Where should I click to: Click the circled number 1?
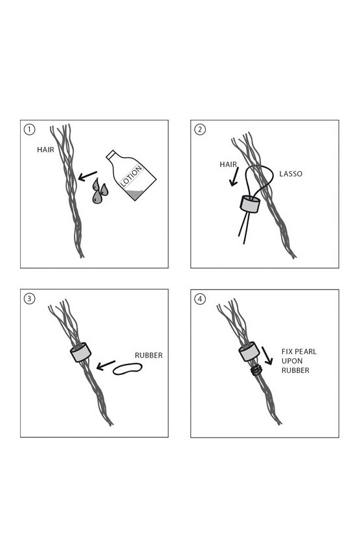tap(29, 129)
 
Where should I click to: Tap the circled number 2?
tap(200, 129)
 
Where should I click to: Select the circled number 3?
tap(29, 298)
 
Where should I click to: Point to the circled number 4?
tap(200, 299)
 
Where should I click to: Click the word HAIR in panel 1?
tap(45, 150)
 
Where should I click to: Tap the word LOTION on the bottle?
tap(131, 176)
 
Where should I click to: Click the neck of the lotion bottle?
tap(111, 155)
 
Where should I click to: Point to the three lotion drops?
tap(100, 191)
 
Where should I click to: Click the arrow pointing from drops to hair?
tap(87, 176)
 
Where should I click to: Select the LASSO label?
tap(291, 174)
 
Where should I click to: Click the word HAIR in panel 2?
tap(228, 164)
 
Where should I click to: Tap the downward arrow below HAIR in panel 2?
tap(234, 177)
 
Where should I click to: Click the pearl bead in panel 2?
tap(250, 204)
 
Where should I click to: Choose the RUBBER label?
tap(148, 355)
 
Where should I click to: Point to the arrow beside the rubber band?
tap(106, 365)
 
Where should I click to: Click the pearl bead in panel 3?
tap(81, 352)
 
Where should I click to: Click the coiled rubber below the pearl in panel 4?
tap(256, 370)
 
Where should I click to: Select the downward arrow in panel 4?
tap(267, 355)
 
